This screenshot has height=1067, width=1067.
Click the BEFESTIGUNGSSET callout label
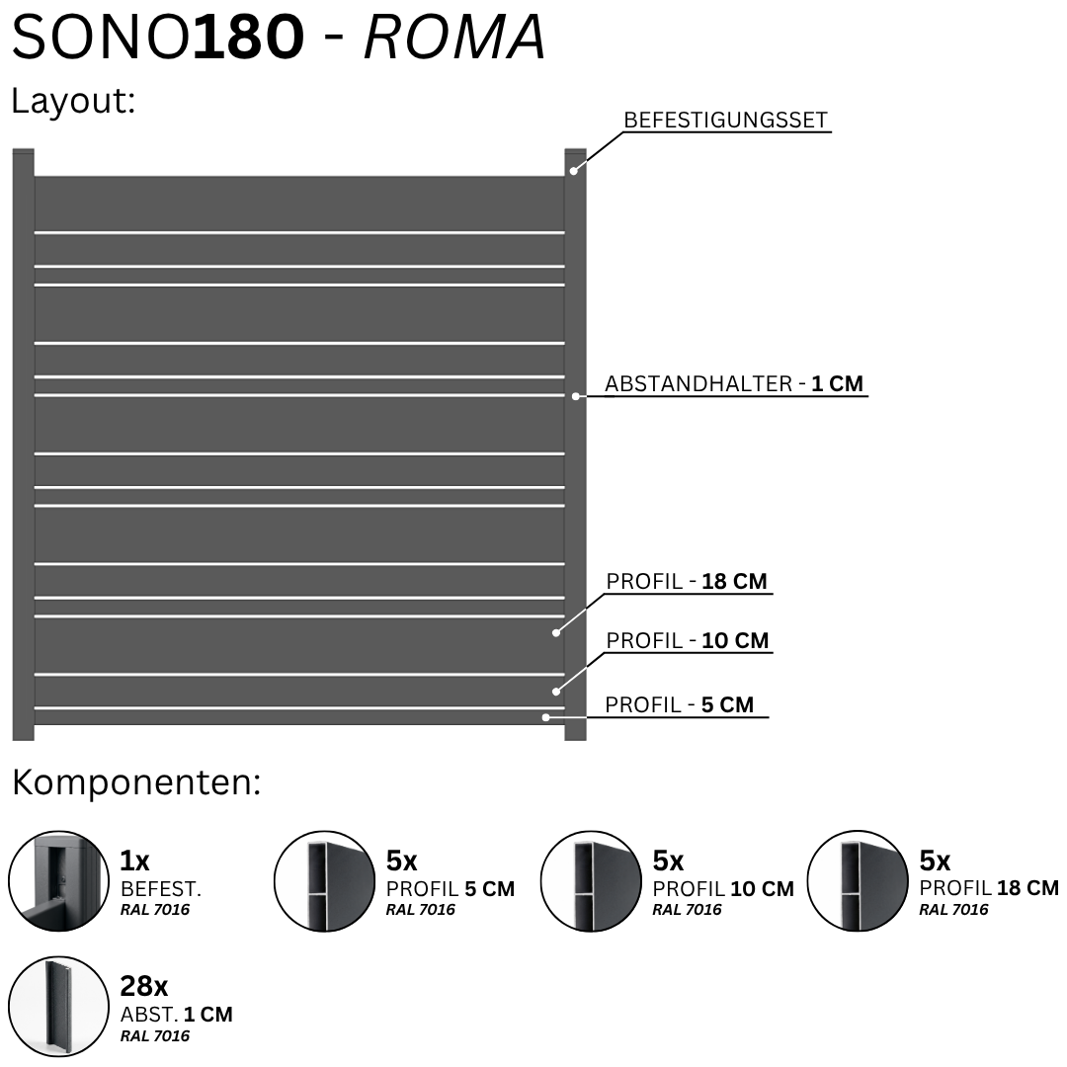tap(725, 120)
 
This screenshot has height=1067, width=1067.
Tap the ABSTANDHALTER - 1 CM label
tap(734, 383)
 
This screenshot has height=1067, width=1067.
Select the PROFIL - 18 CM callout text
tap(687, 581)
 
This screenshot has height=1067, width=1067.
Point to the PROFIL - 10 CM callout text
tap(688, 640)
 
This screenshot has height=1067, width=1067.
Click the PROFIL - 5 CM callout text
tap(679, 704)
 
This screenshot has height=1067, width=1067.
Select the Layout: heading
tap(73, 101)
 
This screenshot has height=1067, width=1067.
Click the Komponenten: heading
tap(136, 782)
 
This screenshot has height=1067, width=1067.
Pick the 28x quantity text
tap(143, 985)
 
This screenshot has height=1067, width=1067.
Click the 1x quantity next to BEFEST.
tap(134, 861)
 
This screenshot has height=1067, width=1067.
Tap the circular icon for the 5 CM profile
tap(325, 880)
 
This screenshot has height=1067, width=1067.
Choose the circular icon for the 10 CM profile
tap(592, 880)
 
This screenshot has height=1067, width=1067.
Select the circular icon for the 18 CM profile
tap(859, 880)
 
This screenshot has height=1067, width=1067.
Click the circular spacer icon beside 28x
tap(58, 1007)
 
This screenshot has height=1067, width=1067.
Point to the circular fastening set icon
tap(58, 880)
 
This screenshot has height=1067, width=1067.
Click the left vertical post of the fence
tap(23, 445)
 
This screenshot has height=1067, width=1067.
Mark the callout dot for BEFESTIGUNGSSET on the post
tap(574, 171)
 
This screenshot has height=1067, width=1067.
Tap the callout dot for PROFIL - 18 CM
tap(556, 633)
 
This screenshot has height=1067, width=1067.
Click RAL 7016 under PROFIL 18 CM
tap(953, 910)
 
